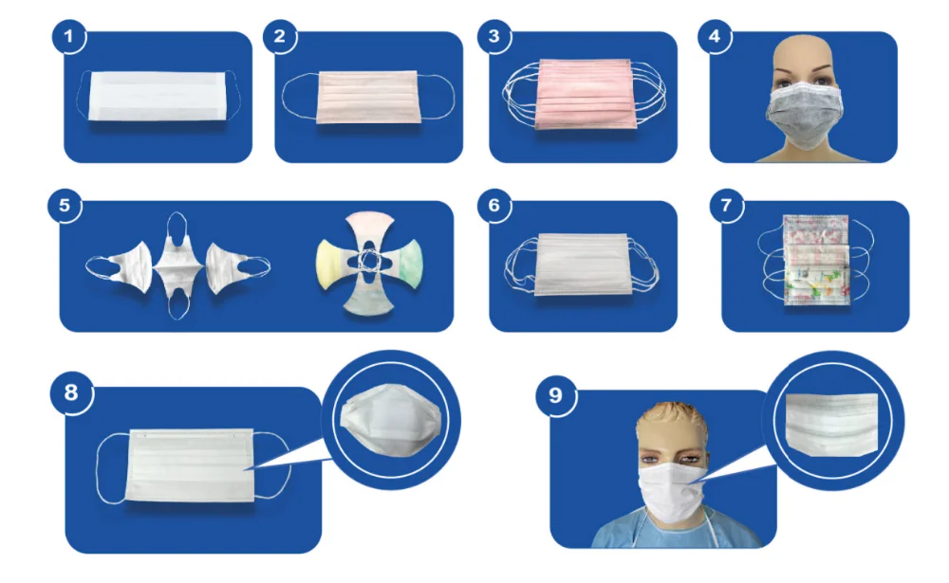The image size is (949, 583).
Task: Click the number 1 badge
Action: pos(70,39)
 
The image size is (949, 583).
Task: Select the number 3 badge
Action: pos(493,39)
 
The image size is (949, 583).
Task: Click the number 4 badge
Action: pos(715,39)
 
